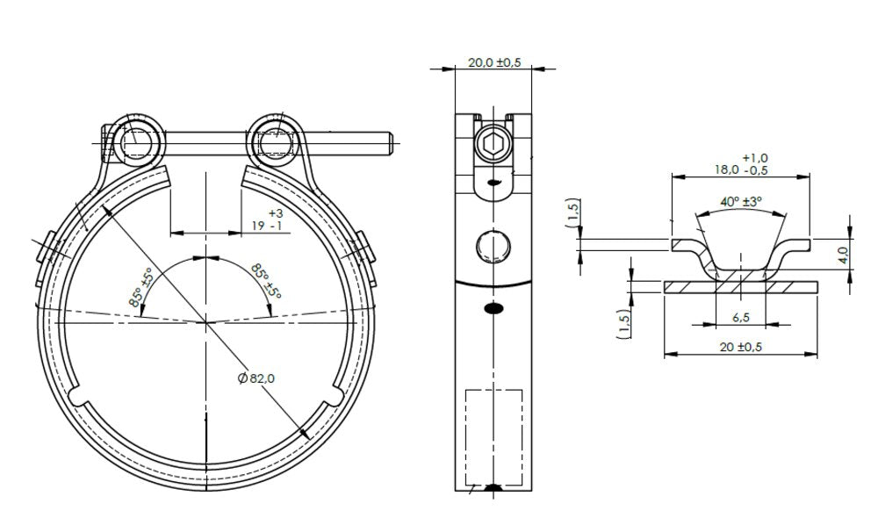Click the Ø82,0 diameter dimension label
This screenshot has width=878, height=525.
click(256, 378)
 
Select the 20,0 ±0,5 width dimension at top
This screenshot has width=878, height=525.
click(493, 62)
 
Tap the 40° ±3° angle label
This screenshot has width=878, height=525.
click(741, 202)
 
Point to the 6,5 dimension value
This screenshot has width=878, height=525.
click(741, 317)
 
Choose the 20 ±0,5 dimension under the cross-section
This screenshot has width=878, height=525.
click(741, 347)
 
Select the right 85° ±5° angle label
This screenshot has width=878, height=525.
click(266, 281)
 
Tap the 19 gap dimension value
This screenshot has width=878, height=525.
click(258, 226)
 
